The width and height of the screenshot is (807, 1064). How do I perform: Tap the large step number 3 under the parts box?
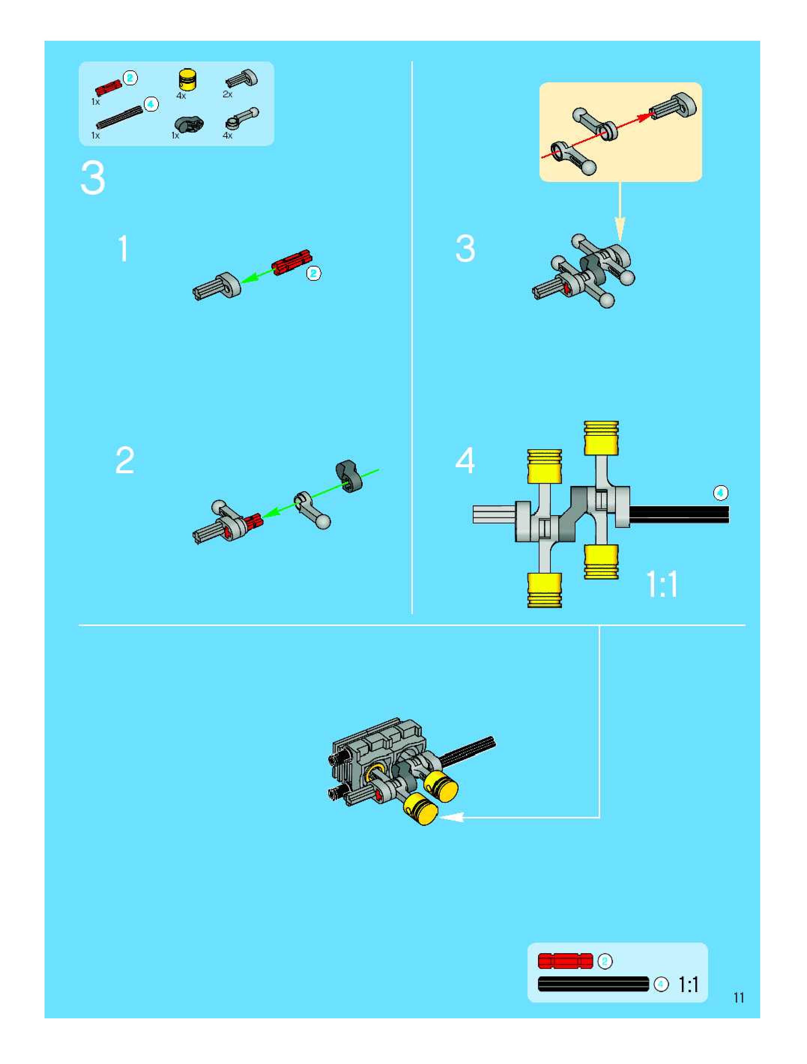click(x=93, y=179)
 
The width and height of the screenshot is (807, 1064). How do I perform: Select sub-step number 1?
click(x=124, y=249)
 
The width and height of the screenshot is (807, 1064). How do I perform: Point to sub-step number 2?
click(x=125, y=460)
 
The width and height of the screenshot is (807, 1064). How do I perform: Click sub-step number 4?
click(x=465, y=460)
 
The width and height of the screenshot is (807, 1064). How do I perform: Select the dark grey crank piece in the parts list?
click(x=188, y=125)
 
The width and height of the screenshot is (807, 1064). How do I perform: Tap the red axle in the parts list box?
click(x=108, y=88)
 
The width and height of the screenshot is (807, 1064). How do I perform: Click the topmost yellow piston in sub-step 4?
click(x=601, y=437)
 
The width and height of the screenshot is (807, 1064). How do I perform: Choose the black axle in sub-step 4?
click(x=678, y=514)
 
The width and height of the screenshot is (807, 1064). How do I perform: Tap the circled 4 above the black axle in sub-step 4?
click(x=720, y=493)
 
